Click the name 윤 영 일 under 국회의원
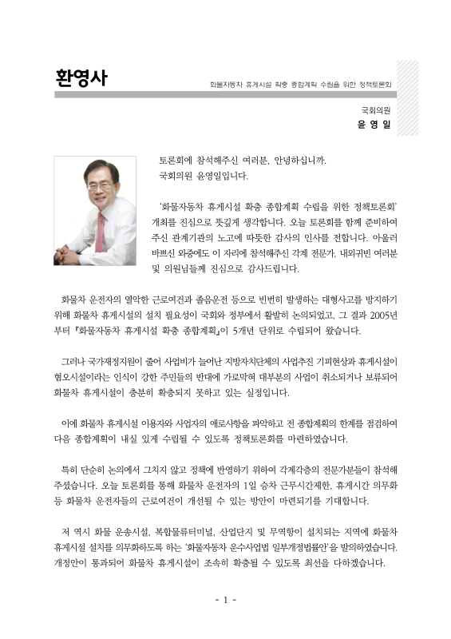coord(375,125)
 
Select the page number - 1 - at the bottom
coord(225,599)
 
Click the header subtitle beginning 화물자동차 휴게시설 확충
coord(300,83)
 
